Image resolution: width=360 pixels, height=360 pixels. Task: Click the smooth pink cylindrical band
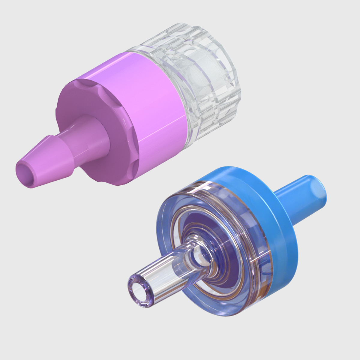(x=150, y=99)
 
